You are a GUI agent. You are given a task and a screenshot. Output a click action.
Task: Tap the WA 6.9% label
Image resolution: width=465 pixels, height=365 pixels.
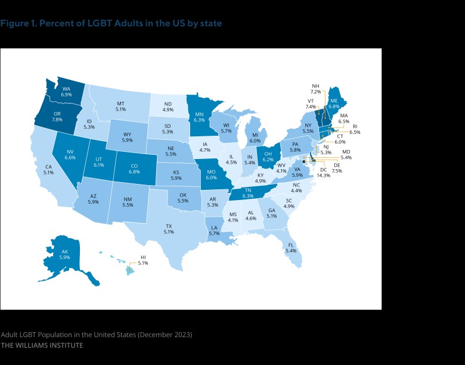point(67,91)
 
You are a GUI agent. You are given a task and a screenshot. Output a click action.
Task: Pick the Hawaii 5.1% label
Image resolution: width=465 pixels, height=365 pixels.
point(142,260)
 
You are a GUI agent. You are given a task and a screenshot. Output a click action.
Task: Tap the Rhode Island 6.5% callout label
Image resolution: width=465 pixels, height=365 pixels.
point(354,129)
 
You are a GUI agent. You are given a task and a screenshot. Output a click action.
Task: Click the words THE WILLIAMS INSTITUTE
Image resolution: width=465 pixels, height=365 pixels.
point(42,345)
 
